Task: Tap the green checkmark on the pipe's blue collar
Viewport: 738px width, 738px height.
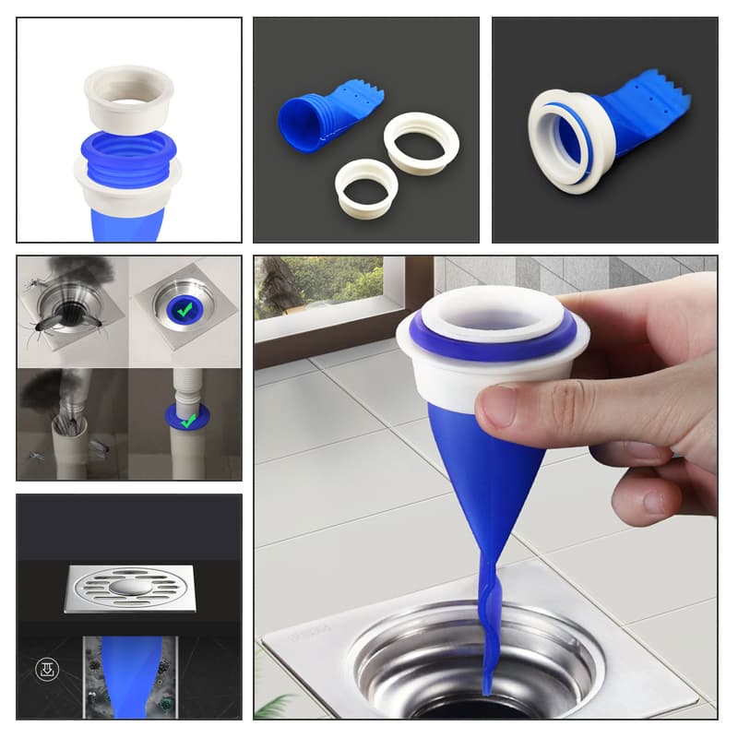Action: pos(188,421)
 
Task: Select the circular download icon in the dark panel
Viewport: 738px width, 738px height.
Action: pos(44,669)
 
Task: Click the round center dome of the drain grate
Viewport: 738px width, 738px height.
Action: pos(129,587)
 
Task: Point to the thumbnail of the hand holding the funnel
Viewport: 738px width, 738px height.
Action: pos(485,487)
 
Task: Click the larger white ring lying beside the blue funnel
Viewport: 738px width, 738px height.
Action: pos(421,143)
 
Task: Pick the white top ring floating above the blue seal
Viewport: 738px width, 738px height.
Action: pos(128,97)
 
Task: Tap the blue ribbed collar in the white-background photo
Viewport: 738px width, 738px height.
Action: pos(128,152)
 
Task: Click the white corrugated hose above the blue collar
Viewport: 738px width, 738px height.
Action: pos(187,387)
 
